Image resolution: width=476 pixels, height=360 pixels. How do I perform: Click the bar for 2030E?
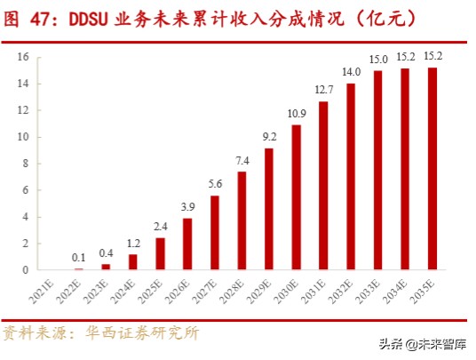(296, 197)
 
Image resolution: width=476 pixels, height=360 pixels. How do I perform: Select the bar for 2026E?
(187, 244)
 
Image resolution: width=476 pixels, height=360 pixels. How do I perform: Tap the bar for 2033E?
(378, 170)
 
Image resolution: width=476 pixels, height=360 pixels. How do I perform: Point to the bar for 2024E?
(133, 261)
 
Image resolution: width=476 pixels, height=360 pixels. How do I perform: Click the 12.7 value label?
(323, 90)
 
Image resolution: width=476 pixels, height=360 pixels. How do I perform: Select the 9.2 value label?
(269, 137)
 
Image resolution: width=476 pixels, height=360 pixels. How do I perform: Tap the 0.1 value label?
(79, 258)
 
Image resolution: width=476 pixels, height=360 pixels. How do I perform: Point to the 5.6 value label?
(215, 184)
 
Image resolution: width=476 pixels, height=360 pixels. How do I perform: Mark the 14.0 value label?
(351, 72)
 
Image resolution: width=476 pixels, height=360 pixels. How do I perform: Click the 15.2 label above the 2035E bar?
(432, 57)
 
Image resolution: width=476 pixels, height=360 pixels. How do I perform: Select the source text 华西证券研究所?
(142, 333)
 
